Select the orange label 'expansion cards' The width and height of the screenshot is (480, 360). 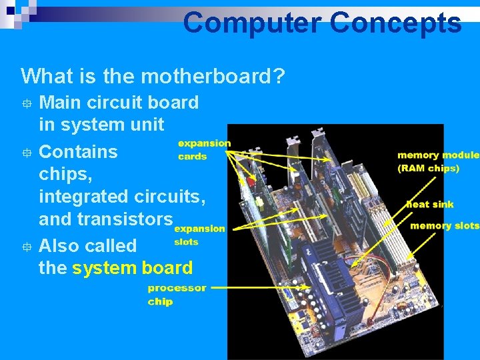[x=203, y=149]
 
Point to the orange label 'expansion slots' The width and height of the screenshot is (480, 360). [x=199, y=235]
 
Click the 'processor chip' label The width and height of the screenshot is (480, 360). [x=177, y=295]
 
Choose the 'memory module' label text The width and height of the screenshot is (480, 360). [x=438, y=155]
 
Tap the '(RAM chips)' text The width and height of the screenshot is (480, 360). [x=429, y=168]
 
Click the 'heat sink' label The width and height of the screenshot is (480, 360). [x=430, y=204]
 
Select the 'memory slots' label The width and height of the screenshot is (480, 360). [x=445, y=225]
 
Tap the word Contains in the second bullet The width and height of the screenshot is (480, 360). [x=78, y=151]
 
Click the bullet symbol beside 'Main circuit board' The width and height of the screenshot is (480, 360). [x=26, y=103]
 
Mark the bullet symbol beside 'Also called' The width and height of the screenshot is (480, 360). [x=26, y=246]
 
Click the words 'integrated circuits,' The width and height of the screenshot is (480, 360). [x=123, y=197]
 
